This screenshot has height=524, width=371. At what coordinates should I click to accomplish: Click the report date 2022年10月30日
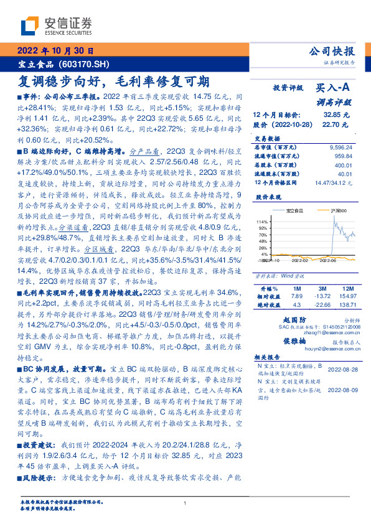point(54,52)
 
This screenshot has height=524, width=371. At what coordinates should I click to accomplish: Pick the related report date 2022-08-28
point(341,369)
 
